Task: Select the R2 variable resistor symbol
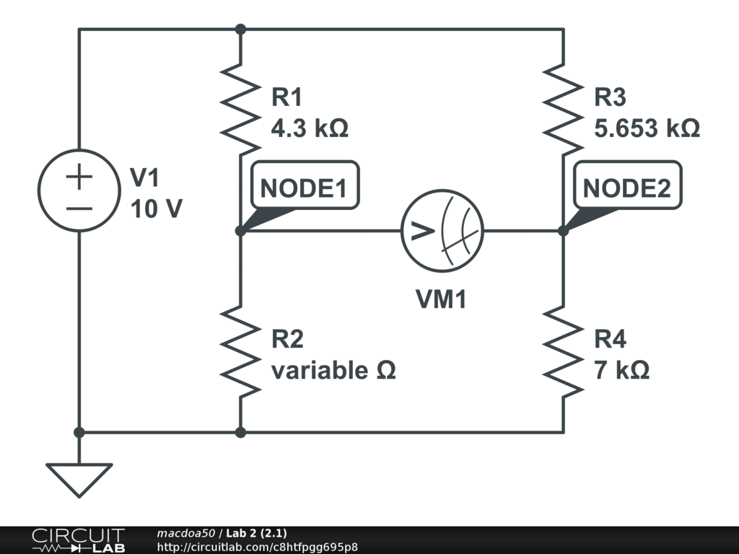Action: (241, 351)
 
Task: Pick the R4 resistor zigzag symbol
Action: (563, 351)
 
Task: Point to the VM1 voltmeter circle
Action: (442, 232)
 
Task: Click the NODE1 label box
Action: (303, 188)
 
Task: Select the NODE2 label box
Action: (626, 188)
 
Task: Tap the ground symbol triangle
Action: (79, 478)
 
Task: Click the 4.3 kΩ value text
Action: (310, 128)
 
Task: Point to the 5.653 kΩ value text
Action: (647, 128)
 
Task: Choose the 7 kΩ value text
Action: (621, 370)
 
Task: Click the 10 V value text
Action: (157, 209)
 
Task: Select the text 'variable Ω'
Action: (333, 370)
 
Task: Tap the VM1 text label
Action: (441, 299)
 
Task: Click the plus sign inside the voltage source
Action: (79, 177)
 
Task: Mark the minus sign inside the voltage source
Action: (79, 208)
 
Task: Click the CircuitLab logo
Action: (77, 540)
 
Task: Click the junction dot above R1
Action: (241, 30)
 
